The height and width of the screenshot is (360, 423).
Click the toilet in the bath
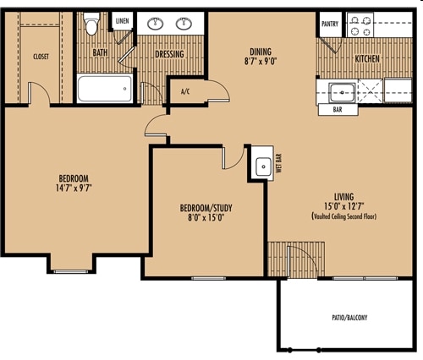[92, 24]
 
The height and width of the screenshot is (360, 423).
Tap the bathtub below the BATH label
[104, 89]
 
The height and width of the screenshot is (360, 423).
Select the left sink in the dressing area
[155, 24]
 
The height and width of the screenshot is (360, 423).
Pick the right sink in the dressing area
[184, 24]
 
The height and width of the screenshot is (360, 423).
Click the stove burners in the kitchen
[360, 25]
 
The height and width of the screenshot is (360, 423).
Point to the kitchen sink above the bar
[343, 92]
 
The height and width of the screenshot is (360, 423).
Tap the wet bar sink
[263, 166]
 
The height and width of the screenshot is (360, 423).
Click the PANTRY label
[330, 24]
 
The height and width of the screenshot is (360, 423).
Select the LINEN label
[123, 21]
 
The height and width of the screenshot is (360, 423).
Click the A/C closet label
[185, 91]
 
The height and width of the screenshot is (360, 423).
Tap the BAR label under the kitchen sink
[338, 110]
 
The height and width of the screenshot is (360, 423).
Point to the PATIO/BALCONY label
[349, 318]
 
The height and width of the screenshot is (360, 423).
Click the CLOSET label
[41, 57]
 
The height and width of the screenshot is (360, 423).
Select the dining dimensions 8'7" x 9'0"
[261, 62]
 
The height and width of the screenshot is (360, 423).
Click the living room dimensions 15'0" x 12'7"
[344, 206]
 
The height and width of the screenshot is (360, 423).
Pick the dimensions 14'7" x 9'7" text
[74, 188]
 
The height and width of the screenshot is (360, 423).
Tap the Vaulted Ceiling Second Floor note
[344, 216]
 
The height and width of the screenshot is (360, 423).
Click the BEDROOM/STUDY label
[206, 208]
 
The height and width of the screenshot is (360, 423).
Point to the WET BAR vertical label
[279, 163]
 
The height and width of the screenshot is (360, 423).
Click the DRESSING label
[169, 54]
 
